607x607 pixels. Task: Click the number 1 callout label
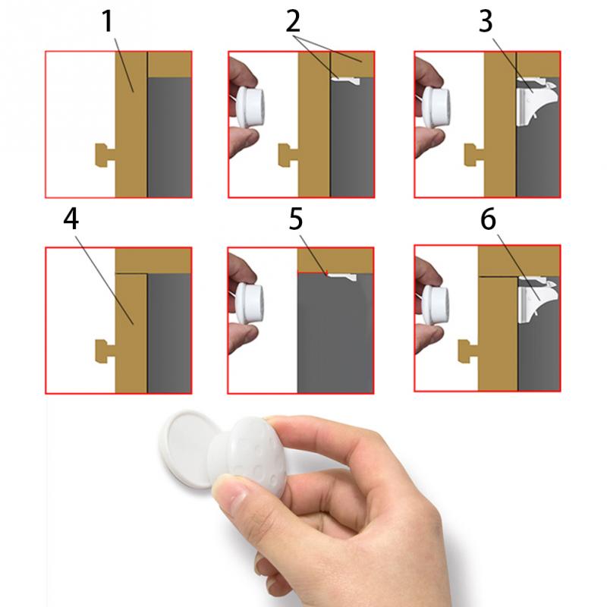pos(108,24)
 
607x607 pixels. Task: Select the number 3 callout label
pos(486,23)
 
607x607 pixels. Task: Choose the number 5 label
pos(296,219)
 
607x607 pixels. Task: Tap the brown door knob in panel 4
pos(104,350)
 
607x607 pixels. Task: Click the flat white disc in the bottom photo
pos(185,447)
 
